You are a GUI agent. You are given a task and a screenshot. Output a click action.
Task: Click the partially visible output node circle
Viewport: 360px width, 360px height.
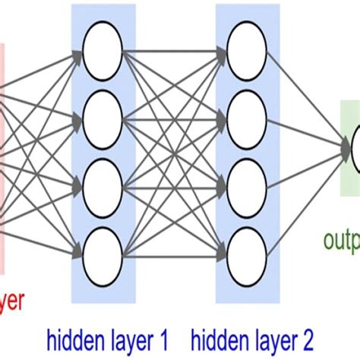tap(355, 149)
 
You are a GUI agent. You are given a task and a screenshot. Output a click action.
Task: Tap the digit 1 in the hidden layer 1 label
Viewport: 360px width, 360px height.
tap(163, 335)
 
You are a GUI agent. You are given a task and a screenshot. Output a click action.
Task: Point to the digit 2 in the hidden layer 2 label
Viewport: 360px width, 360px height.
tap(306, 335)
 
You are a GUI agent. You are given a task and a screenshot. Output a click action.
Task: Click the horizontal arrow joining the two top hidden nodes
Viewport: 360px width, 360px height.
tap(175, 52)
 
